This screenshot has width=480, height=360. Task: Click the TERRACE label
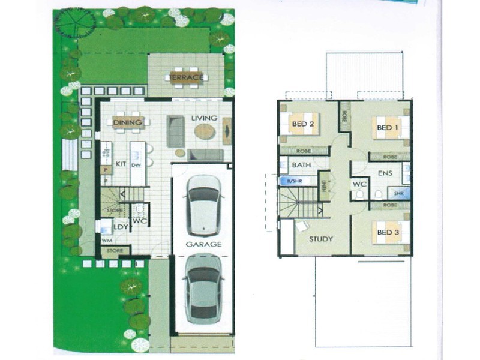coord(186,77)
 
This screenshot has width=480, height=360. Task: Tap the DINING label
coord(127,122)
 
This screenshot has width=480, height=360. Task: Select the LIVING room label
coord(203,118)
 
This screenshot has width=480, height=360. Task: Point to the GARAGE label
coord(203,244)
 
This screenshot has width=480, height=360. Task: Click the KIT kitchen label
coord(120,163)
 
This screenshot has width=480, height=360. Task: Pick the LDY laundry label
coord(121,227)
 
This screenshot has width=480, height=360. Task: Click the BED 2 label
coord(303,124)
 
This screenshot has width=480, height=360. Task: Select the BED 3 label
coord(387,231)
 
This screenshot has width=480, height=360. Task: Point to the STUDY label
coord(321,239)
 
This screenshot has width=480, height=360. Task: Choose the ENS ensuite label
coord(385,173)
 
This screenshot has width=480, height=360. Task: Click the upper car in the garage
coord(203,205)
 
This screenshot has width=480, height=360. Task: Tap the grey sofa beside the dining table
coord(176,131)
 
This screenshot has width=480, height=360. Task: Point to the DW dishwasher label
coord(136,164)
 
